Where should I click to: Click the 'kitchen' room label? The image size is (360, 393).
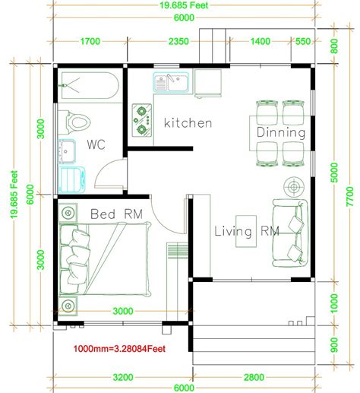(x=188, y=123)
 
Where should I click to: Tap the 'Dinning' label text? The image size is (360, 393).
(x=281, y=133)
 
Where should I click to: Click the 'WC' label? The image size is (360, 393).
(x=96, y=144)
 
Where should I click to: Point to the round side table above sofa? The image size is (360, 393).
(x=294, y=186)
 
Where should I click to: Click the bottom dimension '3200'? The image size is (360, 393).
(x=122, y=376)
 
